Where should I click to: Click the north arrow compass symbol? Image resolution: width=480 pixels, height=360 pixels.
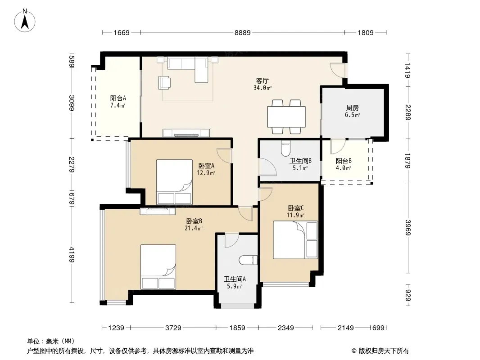(x=25, y=21)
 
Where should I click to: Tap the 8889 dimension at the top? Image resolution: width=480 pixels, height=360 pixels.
(x=242, y=32)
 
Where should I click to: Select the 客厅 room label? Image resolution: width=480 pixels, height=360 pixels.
(x=263, y=81)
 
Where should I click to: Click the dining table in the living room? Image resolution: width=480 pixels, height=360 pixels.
(x=286, y=117)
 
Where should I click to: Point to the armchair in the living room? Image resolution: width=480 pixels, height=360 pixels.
(x=164, y=83)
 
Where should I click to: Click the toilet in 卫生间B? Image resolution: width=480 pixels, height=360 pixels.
(x=285, y=148)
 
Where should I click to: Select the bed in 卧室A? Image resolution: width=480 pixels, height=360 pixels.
(x=175, y=182)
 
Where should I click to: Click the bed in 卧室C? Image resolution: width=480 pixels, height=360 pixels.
(x=295, y=240)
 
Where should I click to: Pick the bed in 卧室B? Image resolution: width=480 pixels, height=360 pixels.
(x=158, y=267)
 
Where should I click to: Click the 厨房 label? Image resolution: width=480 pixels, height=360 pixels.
(x=353, y=108)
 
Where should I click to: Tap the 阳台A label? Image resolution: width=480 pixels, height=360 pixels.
(x=118, y=98)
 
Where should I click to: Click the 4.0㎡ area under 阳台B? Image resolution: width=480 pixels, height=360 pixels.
(x=343, y=168)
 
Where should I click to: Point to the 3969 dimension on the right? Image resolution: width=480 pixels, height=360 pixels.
(x=408, y=228)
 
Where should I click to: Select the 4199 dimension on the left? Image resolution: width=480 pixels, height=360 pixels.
(x=71, y=255)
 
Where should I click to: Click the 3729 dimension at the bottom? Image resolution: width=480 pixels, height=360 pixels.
(x=173, y=328)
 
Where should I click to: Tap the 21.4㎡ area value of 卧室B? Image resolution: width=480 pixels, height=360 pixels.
(x=194, y=228)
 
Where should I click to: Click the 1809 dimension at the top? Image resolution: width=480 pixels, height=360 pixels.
(x=366, y=32)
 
